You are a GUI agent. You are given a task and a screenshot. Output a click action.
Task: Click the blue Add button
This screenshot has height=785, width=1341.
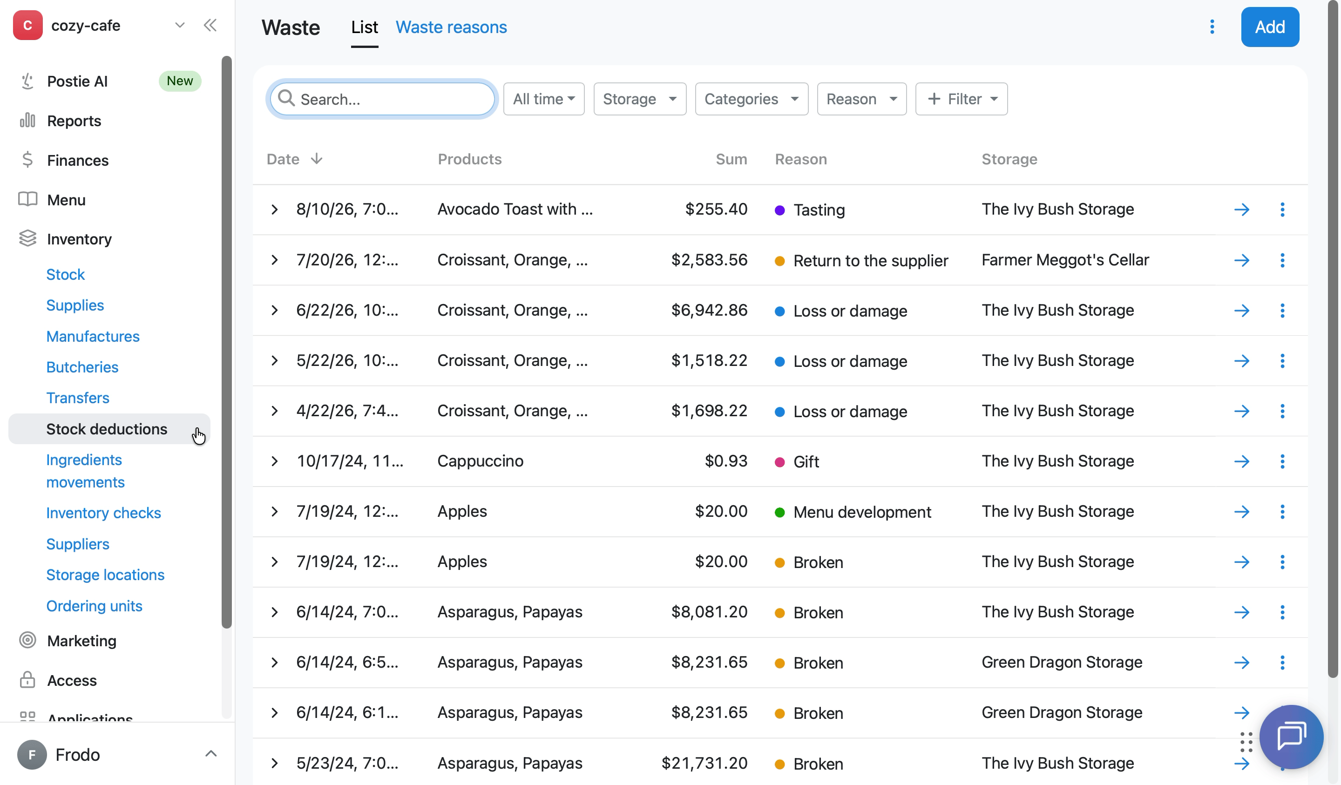pos(1270,27)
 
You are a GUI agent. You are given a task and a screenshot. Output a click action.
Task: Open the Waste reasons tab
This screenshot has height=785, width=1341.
pos(451,27)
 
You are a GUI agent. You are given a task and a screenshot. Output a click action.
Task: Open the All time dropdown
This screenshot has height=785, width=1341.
pos(543,99)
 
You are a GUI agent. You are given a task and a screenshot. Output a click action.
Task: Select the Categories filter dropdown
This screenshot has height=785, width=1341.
pos(752,99)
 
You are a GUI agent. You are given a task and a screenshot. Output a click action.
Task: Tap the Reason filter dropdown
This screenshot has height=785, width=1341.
pos(861,99)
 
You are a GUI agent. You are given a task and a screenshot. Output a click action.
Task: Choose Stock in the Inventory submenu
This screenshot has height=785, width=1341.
pos(66,275)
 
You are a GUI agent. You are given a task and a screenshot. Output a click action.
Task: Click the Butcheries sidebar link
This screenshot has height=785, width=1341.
pos(82,367)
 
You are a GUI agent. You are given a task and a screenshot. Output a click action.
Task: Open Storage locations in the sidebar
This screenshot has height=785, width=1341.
pos(105,575)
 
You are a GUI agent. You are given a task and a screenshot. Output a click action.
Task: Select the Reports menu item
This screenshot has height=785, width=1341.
pos(74,121)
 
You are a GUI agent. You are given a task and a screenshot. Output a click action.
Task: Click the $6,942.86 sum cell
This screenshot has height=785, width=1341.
pos(709,310)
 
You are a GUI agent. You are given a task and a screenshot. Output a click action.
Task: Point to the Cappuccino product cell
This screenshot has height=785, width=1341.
pos(480,461)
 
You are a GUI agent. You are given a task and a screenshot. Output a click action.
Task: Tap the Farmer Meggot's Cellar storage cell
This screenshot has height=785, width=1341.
pos(1065,260)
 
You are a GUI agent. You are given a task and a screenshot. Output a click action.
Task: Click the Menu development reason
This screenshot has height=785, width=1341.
pos(862,512)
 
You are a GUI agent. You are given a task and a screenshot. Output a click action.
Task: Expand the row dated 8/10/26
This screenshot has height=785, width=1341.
pos(275,210)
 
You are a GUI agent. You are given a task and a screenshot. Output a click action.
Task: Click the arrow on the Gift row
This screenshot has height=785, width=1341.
pos(1241,461)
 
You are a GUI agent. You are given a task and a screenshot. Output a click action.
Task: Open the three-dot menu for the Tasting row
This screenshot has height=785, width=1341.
pos(1282,210)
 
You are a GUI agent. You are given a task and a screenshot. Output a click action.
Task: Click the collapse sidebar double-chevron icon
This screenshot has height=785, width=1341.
pos(210,25)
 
